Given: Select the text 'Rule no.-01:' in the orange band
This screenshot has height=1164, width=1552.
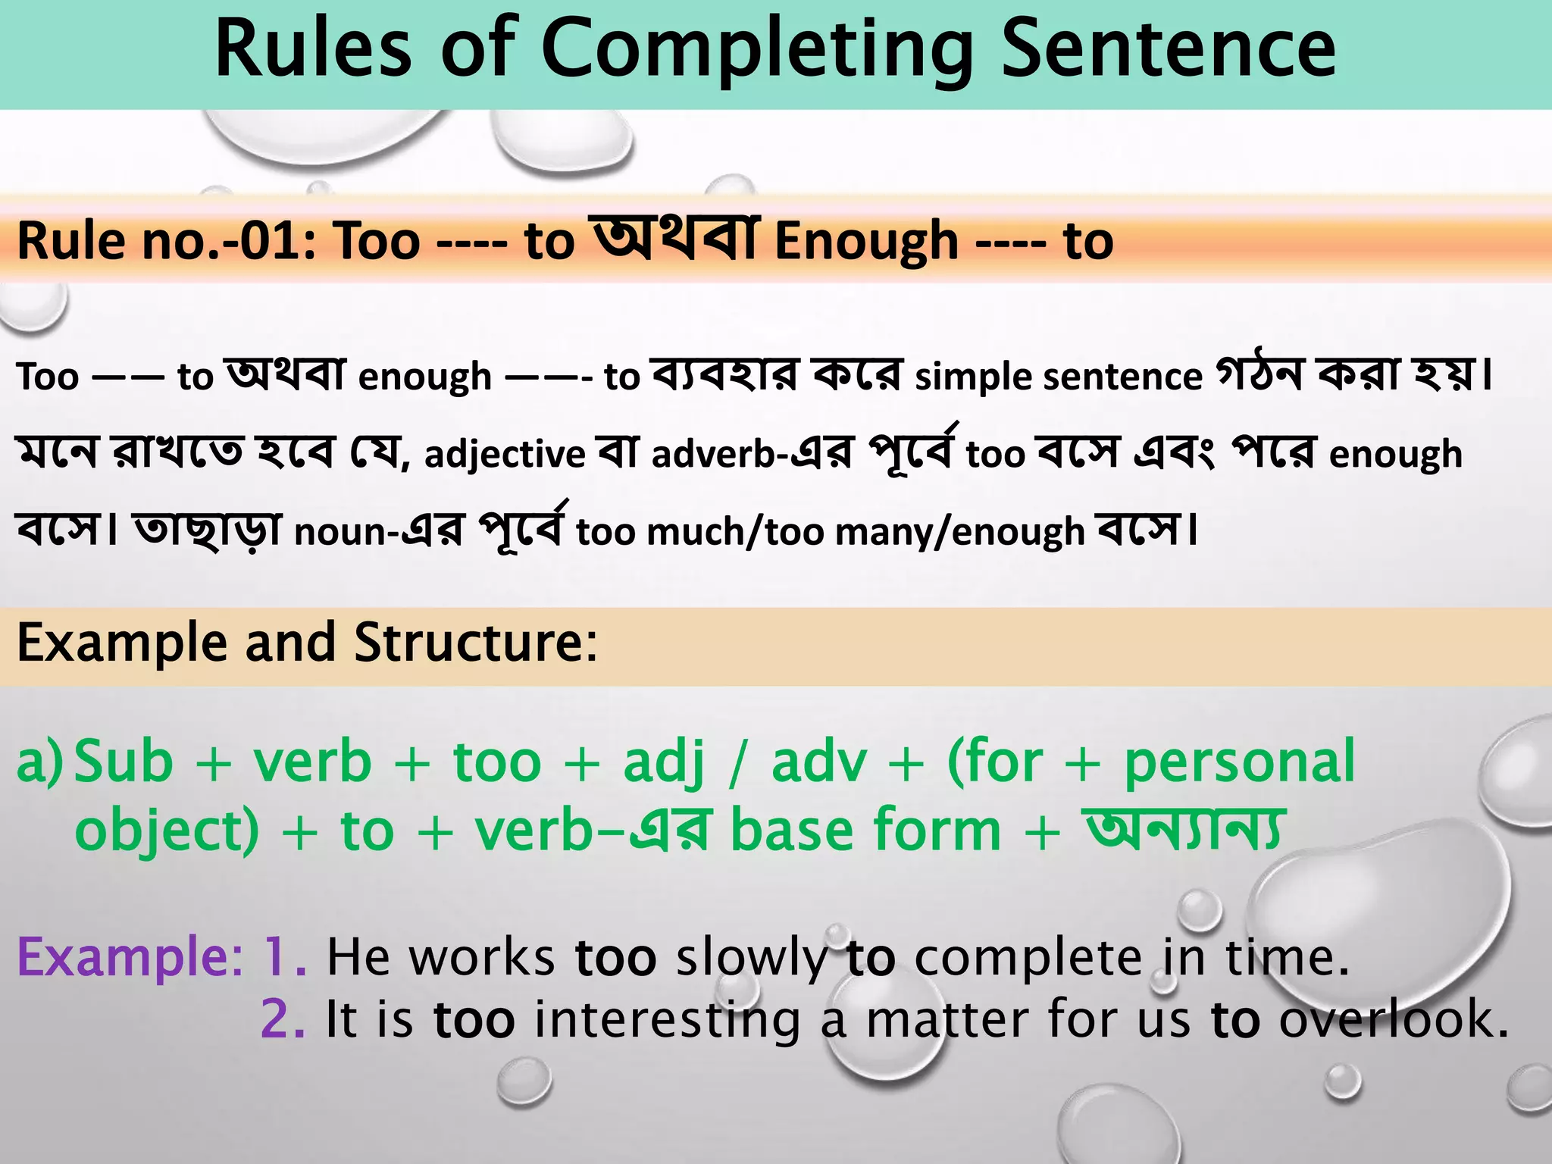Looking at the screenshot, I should [x=167, y=241].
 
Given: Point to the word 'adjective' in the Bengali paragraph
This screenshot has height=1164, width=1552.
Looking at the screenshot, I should [x=505, y=454].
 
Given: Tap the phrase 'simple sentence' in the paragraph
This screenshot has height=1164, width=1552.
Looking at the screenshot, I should [x=1058, y=376].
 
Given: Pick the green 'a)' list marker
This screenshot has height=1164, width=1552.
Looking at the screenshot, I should [x=39, y=762].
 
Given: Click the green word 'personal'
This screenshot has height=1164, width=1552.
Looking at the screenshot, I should [x=1239, y=762].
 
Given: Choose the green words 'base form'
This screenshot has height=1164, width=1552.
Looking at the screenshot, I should [x=865, y=830].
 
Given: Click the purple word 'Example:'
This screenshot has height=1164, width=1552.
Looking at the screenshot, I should [x=130, y=957].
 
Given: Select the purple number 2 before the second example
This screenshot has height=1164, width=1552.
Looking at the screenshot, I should [x=282, y=1019].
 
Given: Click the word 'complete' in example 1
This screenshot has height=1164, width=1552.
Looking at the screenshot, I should [x=1028, y=957].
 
